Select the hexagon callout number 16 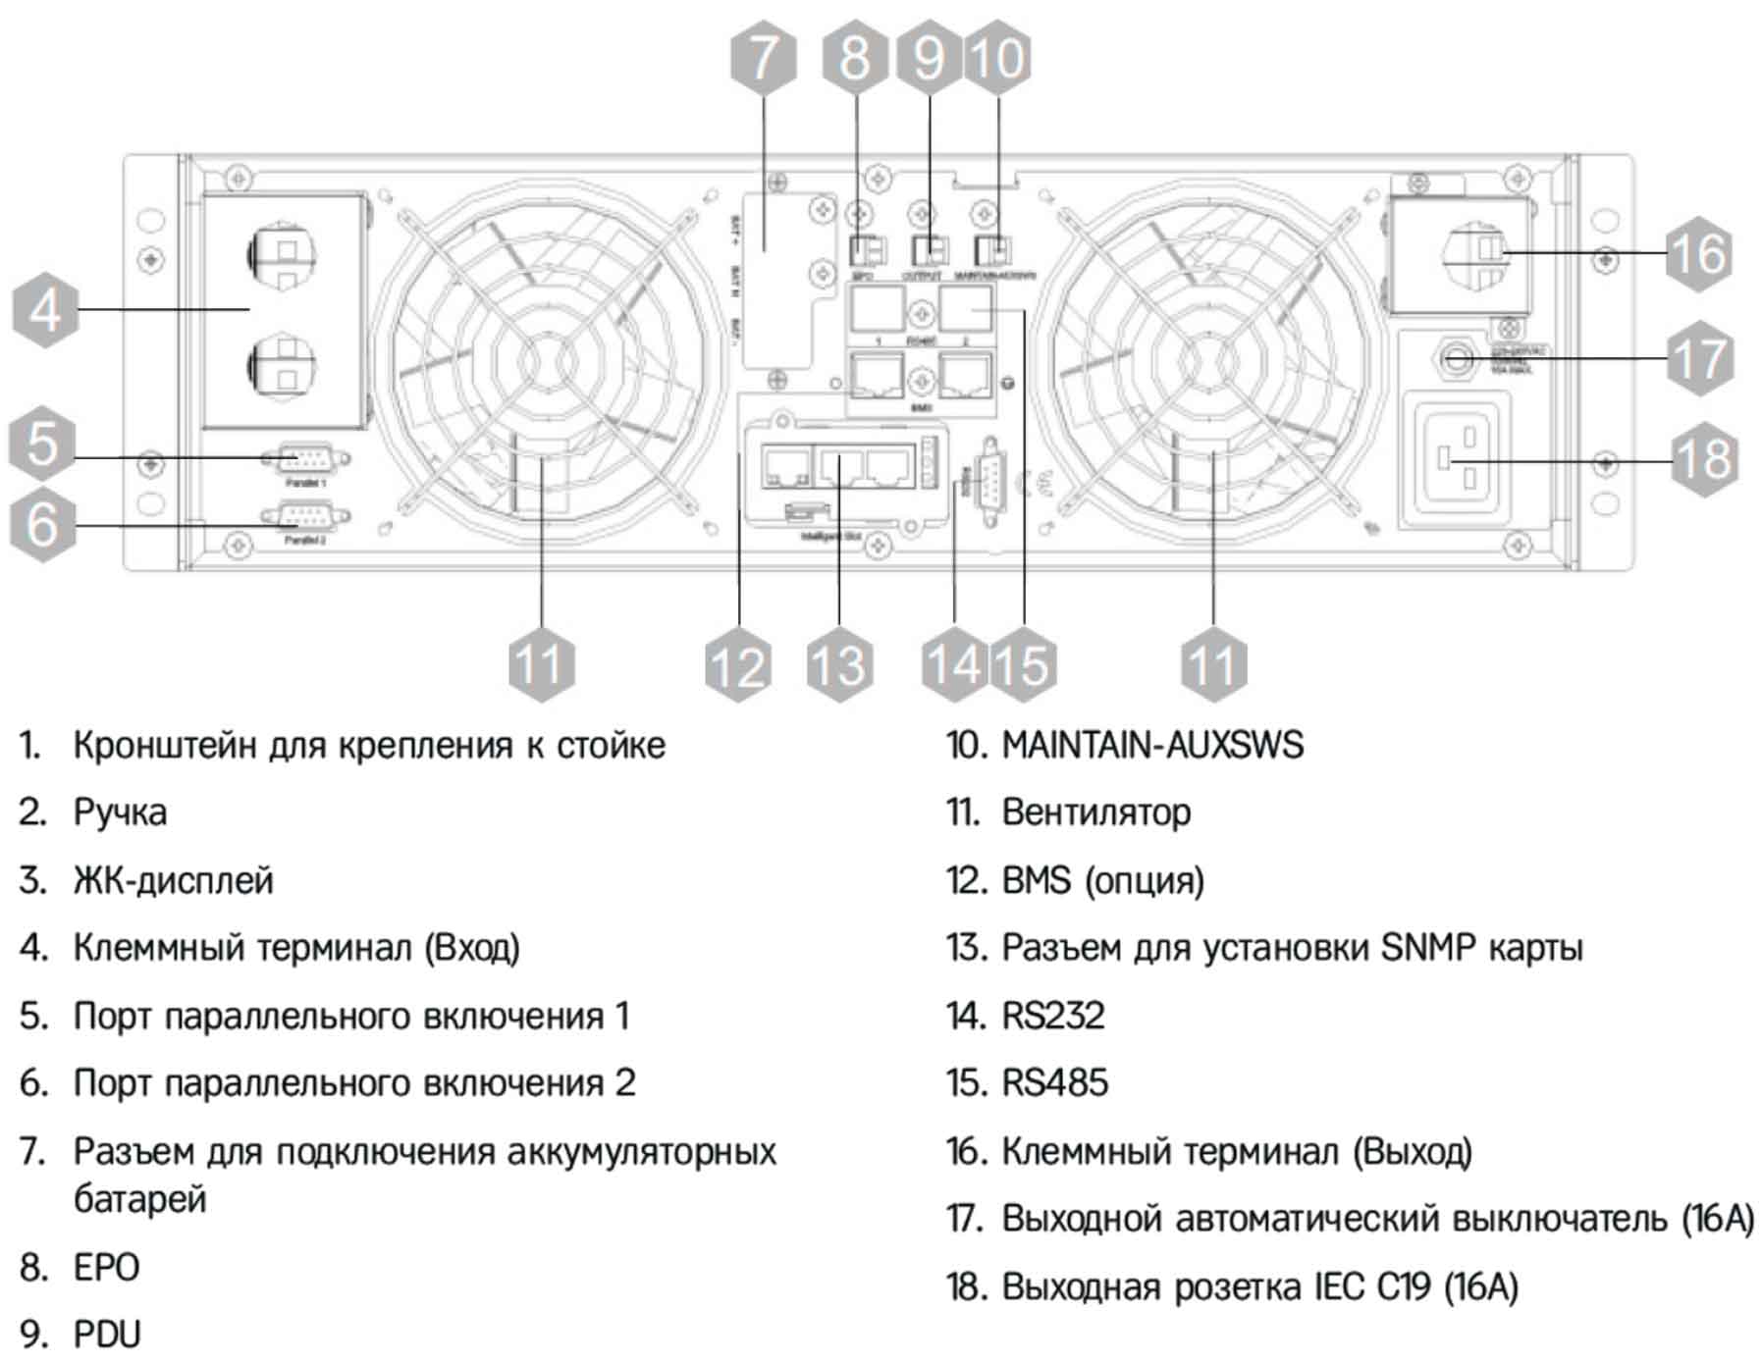[1698, 253]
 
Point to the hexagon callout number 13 [839, 664]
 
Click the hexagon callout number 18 [1704, 459]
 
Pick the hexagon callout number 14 [954, 664]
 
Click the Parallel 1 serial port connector [304, 458]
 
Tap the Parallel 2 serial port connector [304, 516]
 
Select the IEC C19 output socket [1458, 459]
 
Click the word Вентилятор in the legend [1095, 813]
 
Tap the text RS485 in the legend [1054, 1082]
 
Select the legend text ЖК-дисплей [173, 880]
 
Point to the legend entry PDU [107, 1335]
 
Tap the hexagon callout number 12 [737, 664]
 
